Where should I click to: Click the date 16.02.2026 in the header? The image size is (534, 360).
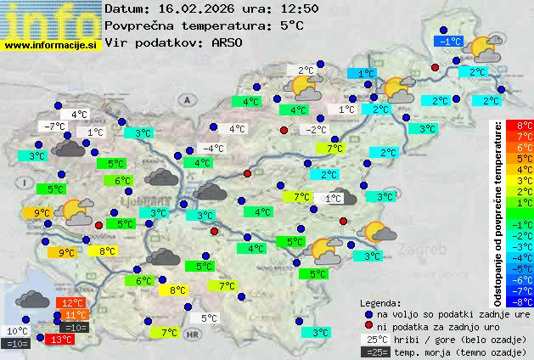pos(194,8)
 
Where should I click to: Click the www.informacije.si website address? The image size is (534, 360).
pos(51,44)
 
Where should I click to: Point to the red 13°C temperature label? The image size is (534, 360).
pos(60,339)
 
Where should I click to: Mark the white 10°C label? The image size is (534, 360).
pos(18,331)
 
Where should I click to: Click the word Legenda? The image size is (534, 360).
pos(380,302)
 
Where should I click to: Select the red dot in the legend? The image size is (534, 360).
pos(368,325)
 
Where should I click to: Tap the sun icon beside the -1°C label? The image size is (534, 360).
pos(482,48)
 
